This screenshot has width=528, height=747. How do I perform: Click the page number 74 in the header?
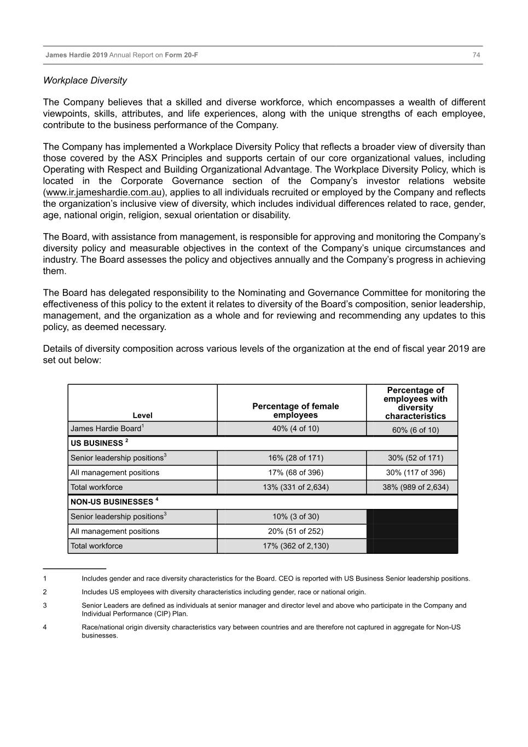[x=476, y=55]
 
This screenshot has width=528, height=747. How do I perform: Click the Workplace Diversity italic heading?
[x=85, y=80]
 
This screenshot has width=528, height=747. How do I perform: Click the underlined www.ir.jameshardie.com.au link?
[x=103, y=192]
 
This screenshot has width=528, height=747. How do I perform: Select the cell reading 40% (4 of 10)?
[x=295, y=428]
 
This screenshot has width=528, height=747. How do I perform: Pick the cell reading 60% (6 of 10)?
[x=415, y=430]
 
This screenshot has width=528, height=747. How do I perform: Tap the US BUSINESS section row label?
[x=97, y=443]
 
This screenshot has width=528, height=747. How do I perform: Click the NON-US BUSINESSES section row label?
[x=112, y=501]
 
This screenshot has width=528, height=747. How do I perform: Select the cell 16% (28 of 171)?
[x=295, y=458]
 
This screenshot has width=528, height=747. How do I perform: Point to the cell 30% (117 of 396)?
[x=415, y=472]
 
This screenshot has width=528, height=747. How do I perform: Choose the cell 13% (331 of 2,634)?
[x=295, y=487]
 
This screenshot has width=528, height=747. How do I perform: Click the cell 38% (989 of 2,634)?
[x=415, y=487]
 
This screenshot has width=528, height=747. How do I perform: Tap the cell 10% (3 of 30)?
[x=295, y=517]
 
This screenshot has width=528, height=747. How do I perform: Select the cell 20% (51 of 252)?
[x=295, y=531]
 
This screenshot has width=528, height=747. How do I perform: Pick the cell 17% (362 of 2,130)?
[x=295, y=546]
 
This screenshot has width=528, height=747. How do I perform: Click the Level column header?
[x=142, y=415]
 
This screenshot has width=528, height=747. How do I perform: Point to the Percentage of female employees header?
[x=295, y=410]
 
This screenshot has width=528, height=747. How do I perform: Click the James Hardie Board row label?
[x=106, y=428]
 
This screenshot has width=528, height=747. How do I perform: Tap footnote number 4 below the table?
[x=45, y=627]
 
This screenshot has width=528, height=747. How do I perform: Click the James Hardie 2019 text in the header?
[x=77, y=55]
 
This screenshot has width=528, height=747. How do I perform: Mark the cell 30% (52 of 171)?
[x=415, y=458]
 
